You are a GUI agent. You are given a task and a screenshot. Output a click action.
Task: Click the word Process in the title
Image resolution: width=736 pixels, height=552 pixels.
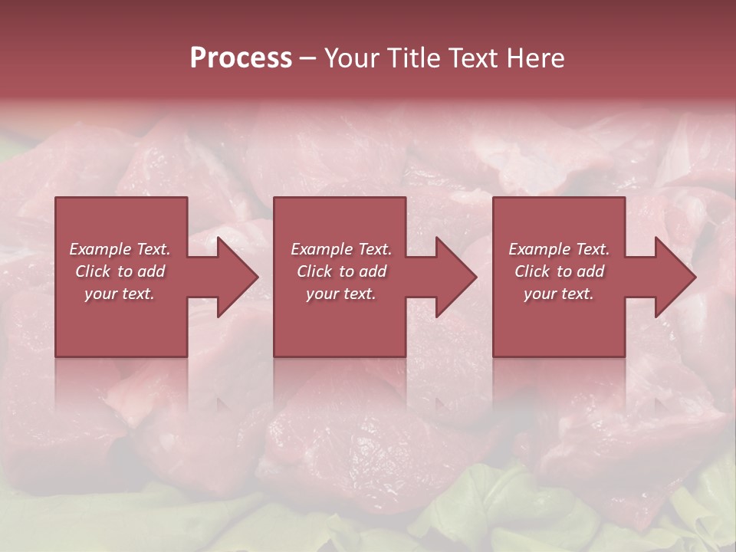241,58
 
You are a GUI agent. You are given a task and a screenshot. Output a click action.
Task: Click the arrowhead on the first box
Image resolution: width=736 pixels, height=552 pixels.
237,277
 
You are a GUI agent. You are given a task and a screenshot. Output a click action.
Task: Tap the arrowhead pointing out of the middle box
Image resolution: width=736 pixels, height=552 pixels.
455,277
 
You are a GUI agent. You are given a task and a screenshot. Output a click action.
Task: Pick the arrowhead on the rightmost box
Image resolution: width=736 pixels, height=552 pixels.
675,277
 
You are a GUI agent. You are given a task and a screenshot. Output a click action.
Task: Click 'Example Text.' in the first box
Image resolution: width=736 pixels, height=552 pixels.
120,249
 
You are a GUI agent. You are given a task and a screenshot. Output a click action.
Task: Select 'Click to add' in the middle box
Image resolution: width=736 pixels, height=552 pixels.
341,271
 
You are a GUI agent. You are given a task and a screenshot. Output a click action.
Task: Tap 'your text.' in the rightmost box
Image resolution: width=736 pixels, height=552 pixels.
558,294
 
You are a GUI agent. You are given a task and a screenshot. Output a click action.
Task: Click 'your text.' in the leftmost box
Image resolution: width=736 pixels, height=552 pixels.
120,294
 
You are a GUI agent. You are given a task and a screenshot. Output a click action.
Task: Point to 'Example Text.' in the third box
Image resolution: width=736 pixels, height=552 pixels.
559,249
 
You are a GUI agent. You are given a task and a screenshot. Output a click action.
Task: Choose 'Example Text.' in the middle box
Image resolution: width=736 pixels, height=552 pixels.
341,249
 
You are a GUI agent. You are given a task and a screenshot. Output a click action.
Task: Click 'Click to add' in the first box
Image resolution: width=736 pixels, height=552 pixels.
120,271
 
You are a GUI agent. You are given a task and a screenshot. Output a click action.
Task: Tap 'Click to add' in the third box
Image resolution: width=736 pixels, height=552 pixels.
559,271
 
